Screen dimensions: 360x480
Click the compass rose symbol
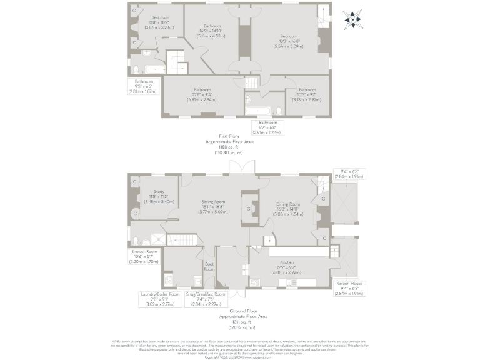click(x=355, y=20)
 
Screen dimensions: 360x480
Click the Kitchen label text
click(x=287, y=262)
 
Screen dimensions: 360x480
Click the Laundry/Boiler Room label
click(x=161, y=294)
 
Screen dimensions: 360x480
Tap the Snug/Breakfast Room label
click(x=206, y=294)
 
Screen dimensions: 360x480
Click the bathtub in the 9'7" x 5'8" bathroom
click(x=257, y=110)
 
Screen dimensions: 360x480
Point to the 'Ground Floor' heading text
click(x=243, y=311)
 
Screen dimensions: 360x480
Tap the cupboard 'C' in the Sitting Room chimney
click(x=249, y=209)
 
